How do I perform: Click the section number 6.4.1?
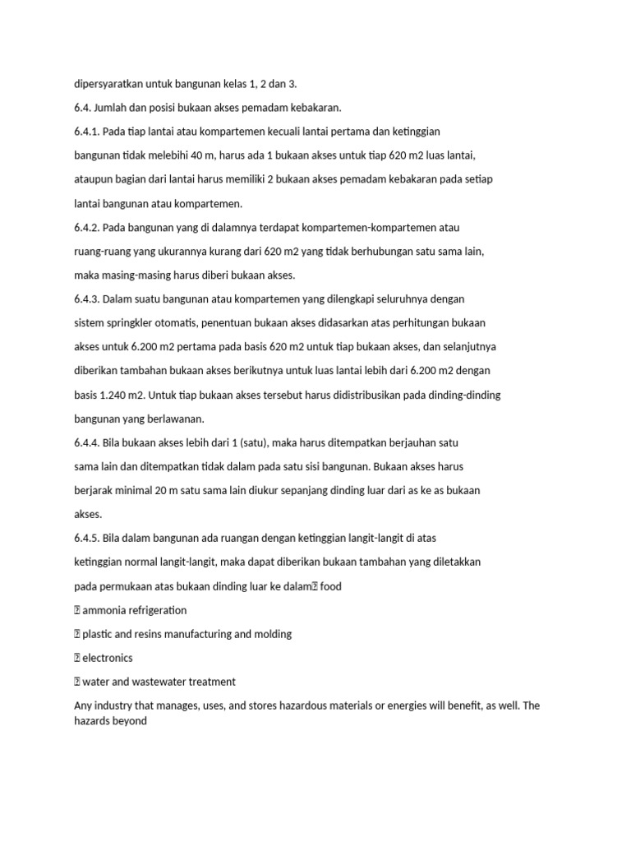[87, 131]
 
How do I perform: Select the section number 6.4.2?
[87, 227]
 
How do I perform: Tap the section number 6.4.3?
[87, 299]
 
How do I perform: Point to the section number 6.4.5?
[87, 539]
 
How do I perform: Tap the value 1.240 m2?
[114, 395]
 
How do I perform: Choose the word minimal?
[131, 490]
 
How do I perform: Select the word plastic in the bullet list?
[100, 634]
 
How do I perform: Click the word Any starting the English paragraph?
[83, 706]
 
